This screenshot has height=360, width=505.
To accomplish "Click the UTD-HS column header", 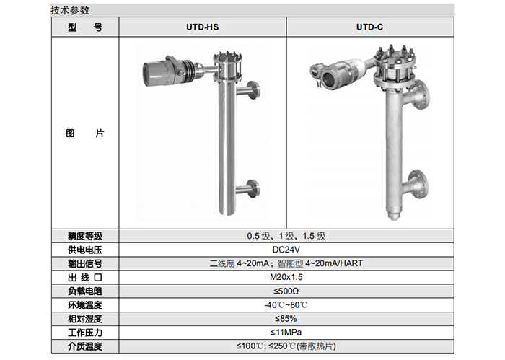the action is [x=202, y=27].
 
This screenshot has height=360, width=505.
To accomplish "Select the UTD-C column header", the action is [x=369, y=27].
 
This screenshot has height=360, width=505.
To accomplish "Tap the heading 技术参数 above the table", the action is [x=70, y=10].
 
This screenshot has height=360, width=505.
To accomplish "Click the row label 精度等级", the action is [x=85, y=236].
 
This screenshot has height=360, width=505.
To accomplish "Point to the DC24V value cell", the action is [x=286, y=250].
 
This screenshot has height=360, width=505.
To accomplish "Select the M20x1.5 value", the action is [x=286, y=277].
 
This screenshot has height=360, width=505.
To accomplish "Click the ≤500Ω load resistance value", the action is [x=286, y=291].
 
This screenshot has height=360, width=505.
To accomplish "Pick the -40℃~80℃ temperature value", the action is [x=286, y=305].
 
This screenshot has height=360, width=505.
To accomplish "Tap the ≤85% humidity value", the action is [x=286, y=319].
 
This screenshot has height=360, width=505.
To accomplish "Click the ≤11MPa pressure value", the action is [x=286, y=333].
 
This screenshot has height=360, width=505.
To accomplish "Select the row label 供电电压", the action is [x=85, y=250].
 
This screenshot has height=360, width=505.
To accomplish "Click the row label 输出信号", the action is [x=85, y=264].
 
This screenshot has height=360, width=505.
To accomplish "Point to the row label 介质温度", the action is [x=85, y=346].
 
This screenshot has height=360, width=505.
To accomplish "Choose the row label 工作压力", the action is [x=85, y=333].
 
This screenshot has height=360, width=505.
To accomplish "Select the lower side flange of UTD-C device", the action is [x=417, y=184].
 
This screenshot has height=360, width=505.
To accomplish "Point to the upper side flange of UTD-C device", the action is [x=418, y=95].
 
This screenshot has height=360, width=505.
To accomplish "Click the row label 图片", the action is [x=85, y=133].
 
